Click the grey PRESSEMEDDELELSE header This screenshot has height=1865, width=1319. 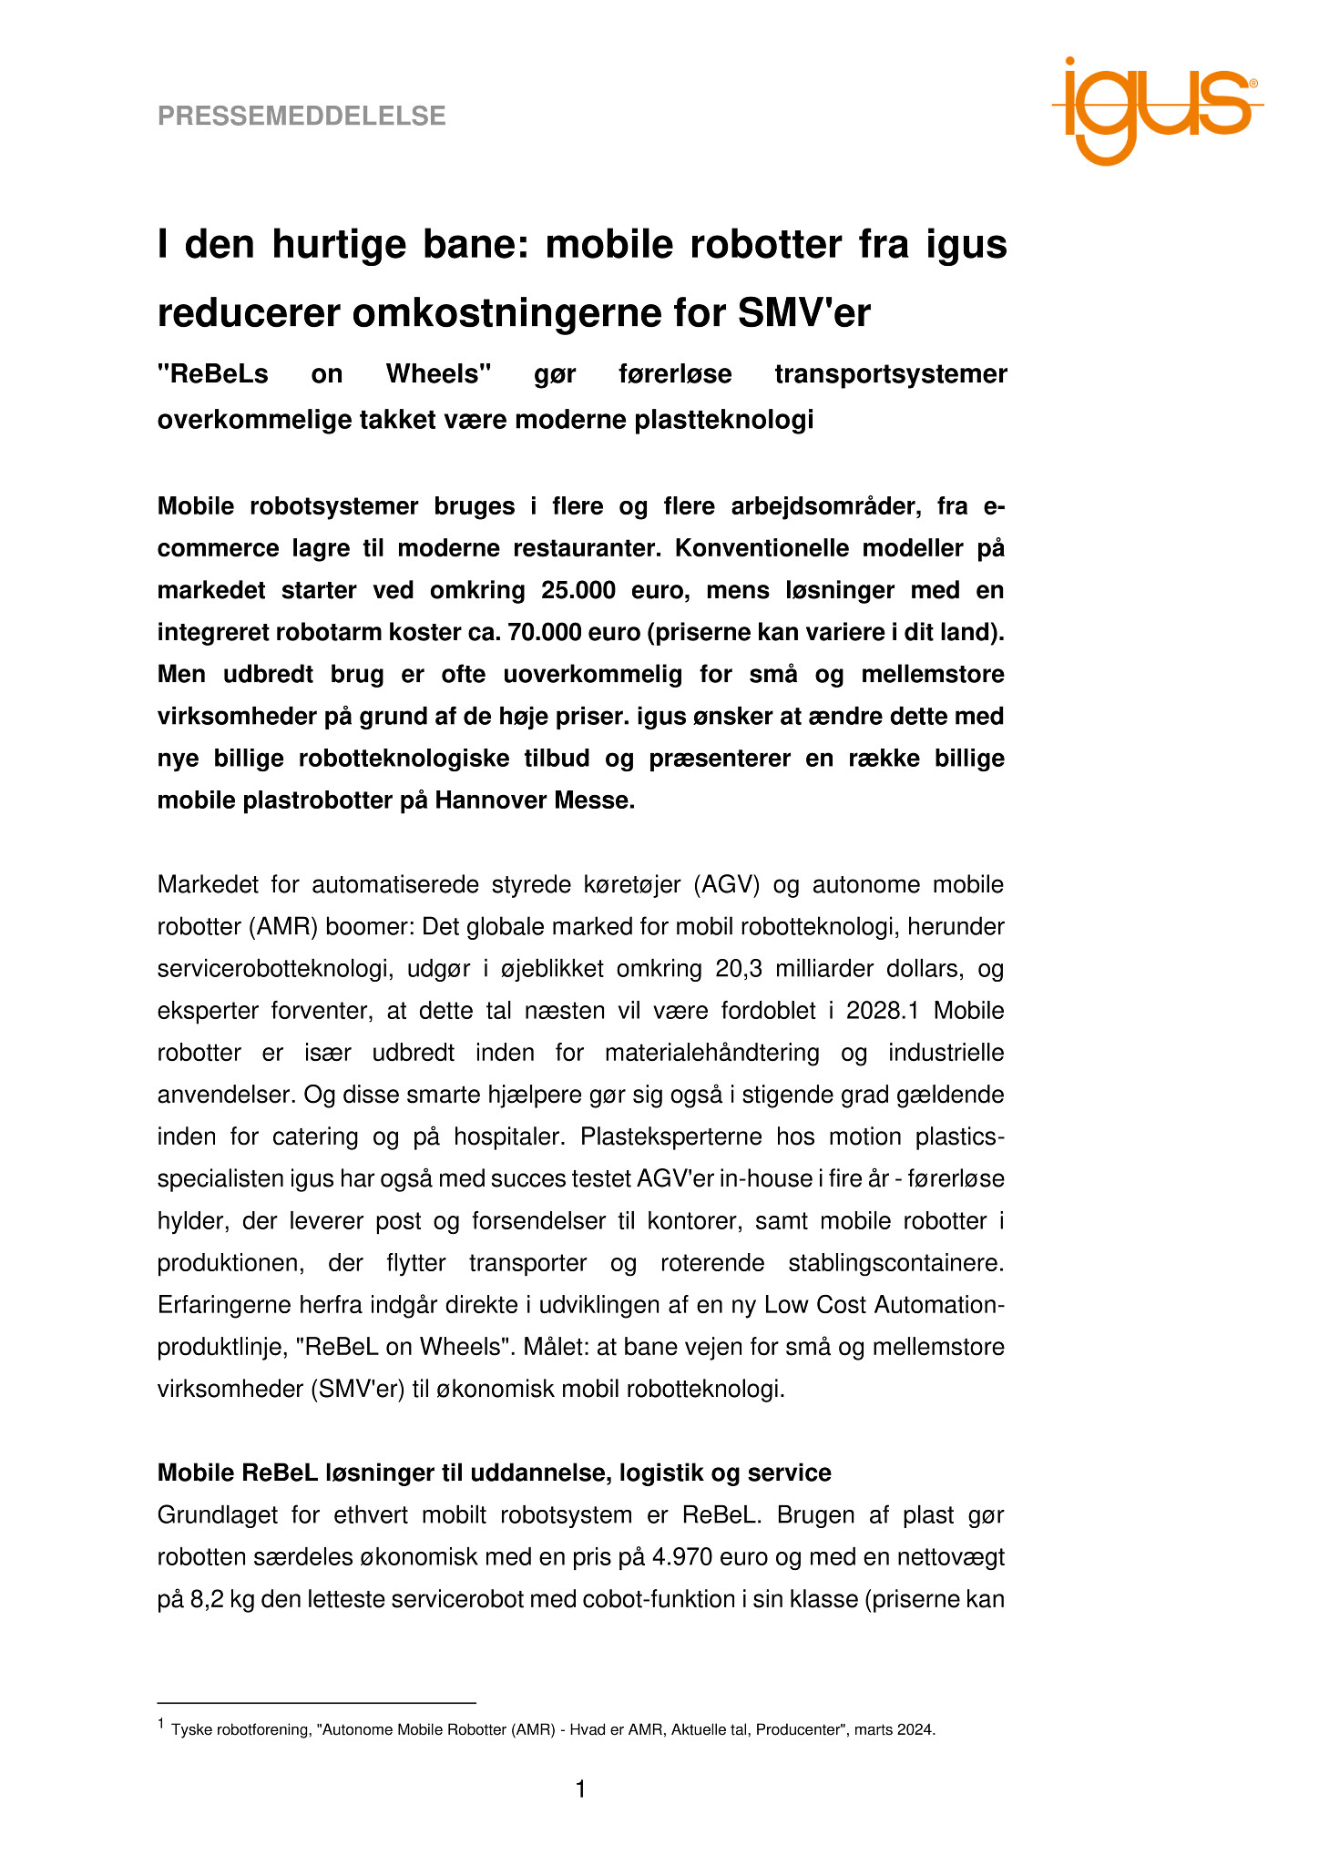[x=302, y=117]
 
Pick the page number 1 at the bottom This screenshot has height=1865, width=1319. [x=580, y=1790]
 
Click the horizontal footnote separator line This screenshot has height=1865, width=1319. [x=317, y=1702]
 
